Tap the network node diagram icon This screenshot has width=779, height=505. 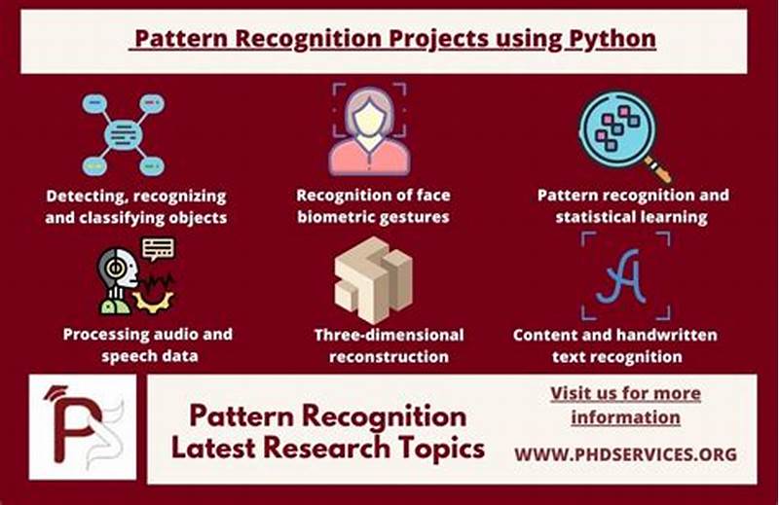[123, 134]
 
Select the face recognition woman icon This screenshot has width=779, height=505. [370, 129]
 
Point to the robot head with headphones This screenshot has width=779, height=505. [116, 277]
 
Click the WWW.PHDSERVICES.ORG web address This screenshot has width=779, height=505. [625, 453]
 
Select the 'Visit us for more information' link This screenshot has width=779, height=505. [625, 405]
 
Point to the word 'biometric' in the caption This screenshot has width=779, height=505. [339, 216]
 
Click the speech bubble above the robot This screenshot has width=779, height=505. [158, 248]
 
